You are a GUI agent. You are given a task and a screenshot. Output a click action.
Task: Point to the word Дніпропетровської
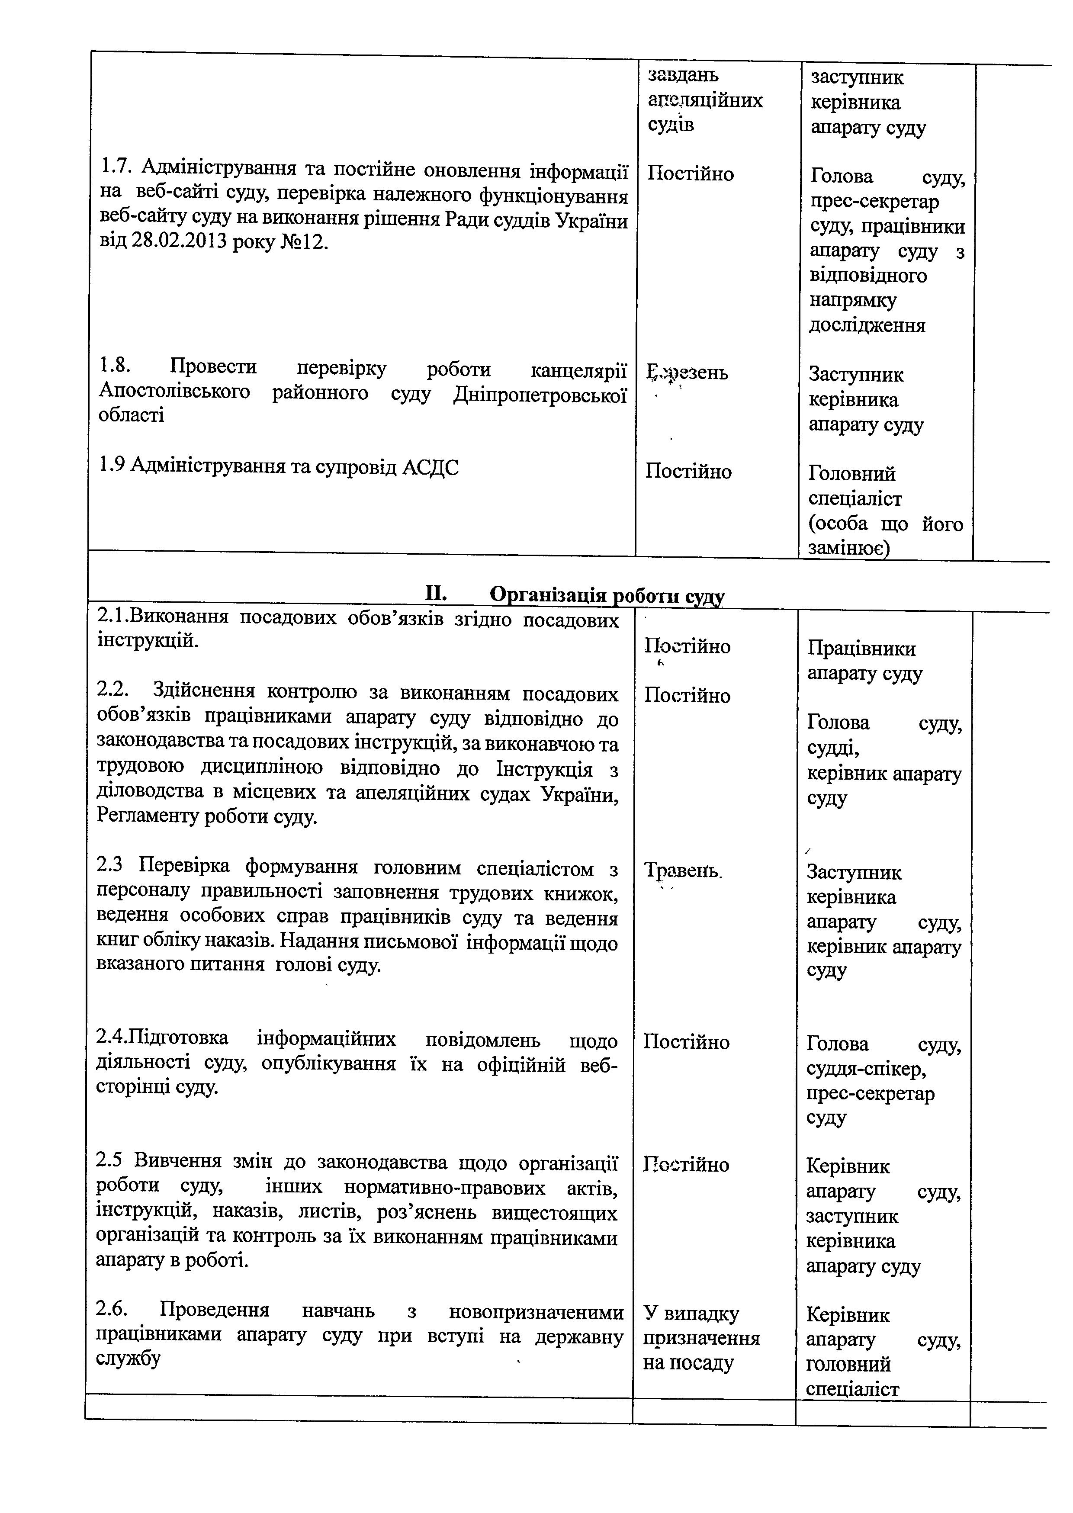[540, 393]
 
